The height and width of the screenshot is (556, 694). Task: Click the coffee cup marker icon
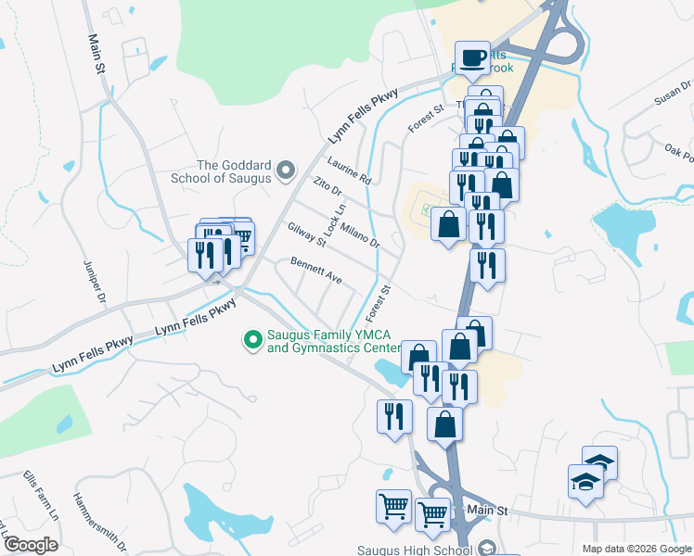point(472,58)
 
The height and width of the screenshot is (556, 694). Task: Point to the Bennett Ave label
point(316,272)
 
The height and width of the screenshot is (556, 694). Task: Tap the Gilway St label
point(307,235)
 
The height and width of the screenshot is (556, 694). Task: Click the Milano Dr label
point(360,234)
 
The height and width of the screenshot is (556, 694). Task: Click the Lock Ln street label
point(335,219)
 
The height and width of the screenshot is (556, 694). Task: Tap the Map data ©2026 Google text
point(637,549)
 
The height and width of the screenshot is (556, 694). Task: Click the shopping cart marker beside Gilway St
point(240,238)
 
